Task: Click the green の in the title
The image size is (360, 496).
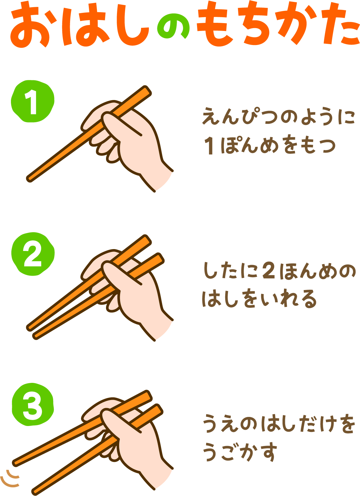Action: (173, 26)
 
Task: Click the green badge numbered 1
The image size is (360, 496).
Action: (33, 101)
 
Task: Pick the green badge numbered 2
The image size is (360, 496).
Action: (33, 254)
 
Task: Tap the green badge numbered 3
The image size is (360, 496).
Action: (33, 404)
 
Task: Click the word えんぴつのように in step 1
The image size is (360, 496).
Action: (278, 116)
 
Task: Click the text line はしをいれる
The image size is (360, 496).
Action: (259, 298)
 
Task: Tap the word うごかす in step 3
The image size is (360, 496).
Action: (240, 452)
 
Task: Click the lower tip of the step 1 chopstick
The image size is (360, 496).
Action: (29, 179)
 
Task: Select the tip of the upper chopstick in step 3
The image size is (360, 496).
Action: (16, 463)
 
